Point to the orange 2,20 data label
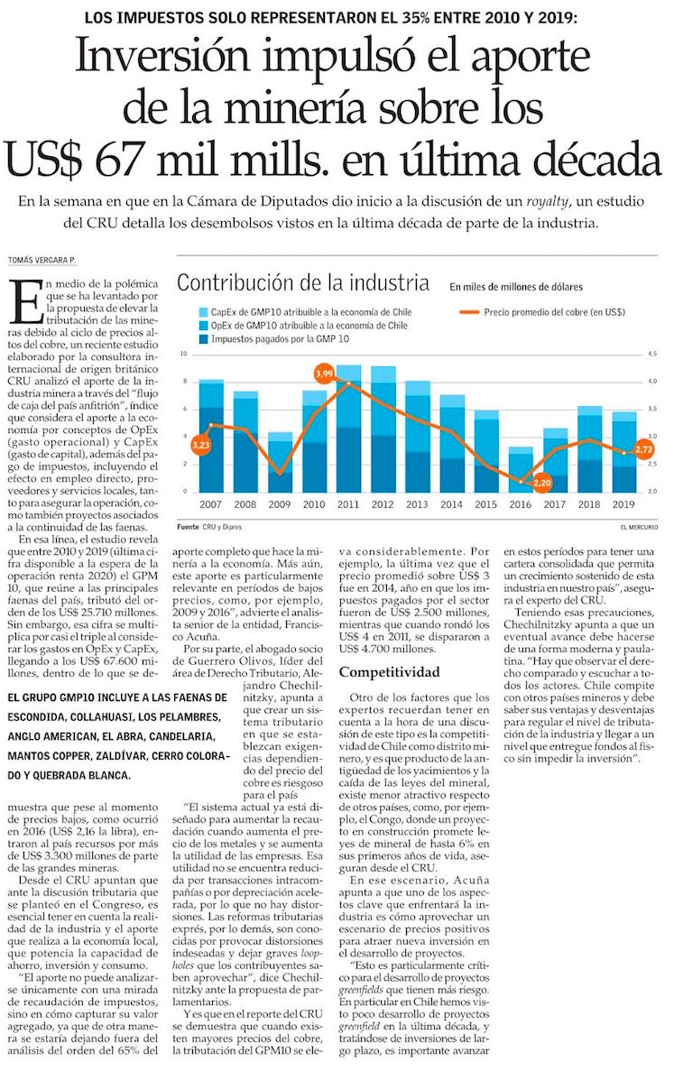(541, 484)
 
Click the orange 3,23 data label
(200, 445)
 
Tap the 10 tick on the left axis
(183, 355)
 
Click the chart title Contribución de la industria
(302, 283)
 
